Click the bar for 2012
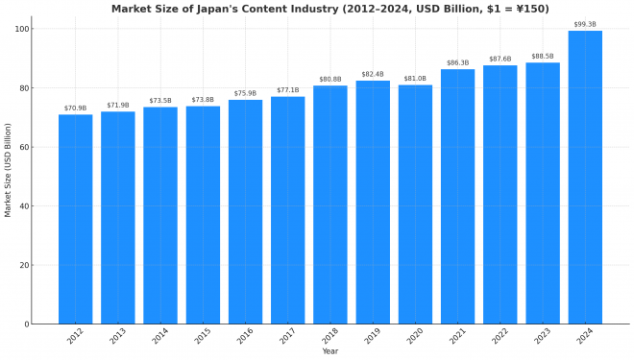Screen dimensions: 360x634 click(x=75, y=219)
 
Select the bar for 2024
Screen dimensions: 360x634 click(x=585, y=178)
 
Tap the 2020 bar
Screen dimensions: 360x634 click(x=415, y=204)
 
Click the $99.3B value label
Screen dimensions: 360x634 click(x=585, y=24)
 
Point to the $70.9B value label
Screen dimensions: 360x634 click(x=75, y=108)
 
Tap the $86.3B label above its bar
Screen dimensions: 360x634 click(x=457, y=62)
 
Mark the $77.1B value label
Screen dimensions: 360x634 click(x=287, y=89)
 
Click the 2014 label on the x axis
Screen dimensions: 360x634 click(x=158, y=336)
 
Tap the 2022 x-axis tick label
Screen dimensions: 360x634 click(x=498, y=336)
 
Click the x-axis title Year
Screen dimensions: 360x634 click(x=329, y=351)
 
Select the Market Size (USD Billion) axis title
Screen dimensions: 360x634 click(x=8, y=169)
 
